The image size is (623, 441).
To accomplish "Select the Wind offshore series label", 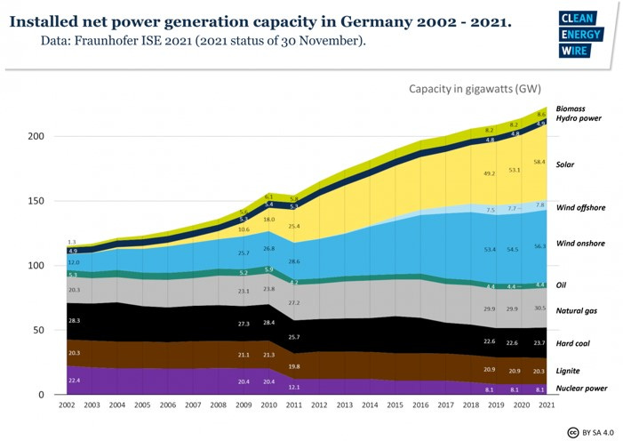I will click(x=580, y=207).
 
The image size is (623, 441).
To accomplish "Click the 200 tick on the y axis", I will click(x=35, y=136).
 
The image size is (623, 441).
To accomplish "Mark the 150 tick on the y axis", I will click(x=35, y=201).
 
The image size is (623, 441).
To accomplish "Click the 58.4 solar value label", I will click(x=539, y=163).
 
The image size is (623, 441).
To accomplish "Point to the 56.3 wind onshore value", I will click(x=539, y=246).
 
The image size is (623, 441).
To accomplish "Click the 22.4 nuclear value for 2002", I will click(x=74, y=380).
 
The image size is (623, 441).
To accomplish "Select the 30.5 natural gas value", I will click(x=539, y=309).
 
